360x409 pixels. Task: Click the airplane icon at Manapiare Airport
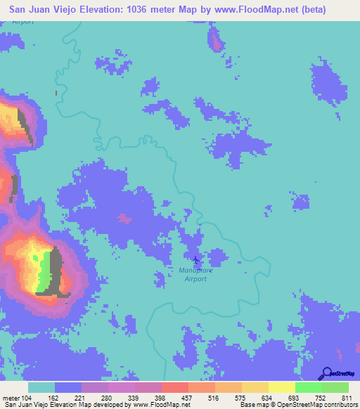pyautogui.click(x=196, y=261)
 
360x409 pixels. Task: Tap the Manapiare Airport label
pyautogui.click(x=196, y=273)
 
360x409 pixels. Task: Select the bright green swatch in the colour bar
pyautogui.click(x=309, y=387)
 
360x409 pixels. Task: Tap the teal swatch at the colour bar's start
pyautogui.click(x=41, y=387)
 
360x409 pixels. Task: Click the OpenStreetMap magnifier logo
pyautogui.click(x=326, y=373)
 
